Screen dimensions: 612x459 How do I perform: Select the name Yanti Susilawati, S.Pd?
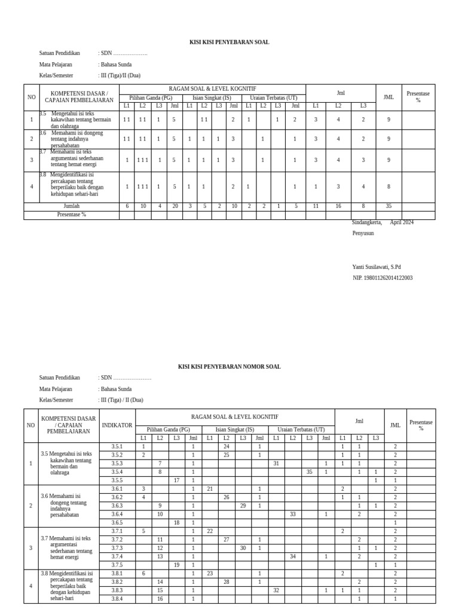(377, 267)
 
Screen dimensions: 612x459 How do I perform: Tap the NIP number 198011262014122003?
(382, 278)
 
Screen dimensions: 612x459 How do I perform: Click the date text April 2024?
(402, 222)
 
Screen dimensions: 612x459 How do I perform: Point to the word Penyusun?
(363, 233)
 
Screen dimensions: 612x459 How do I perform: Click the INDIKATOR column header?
(117, 426)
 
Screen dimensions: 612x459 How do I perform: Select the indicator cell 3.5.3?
(117, 463)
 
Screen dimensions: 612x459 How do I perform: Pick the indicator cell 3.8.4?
(117, 598)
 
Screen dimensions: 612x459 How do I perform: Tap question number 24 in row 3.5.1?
(227, 446)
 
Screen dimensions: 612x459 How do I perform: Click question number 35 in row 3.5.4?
(309, 472)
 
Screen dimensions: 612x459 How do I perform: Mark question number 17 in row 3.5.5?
(176, 480)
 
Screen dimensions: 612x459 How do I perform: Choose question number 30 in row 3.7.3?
(243, 547)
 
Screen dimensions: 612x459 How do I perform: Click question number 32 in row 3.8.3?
(276, 590)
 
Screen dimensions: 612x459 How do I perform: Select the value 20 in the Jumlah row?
(174, 206)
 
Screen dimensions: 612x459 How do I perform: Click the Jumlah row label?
(72, 206)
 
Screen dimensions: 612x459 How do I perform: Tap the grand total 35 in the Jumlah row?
(388, 206)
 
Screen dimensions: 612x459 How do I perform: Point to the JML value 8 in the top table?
(388, 186)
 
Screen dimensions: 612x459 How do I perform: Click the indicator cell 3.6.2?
(117, 497)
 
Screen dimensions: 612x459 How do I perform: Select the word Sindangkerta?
(366, 222)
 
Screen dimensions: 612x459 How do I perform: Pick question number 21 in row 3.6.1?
(210, 489)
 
